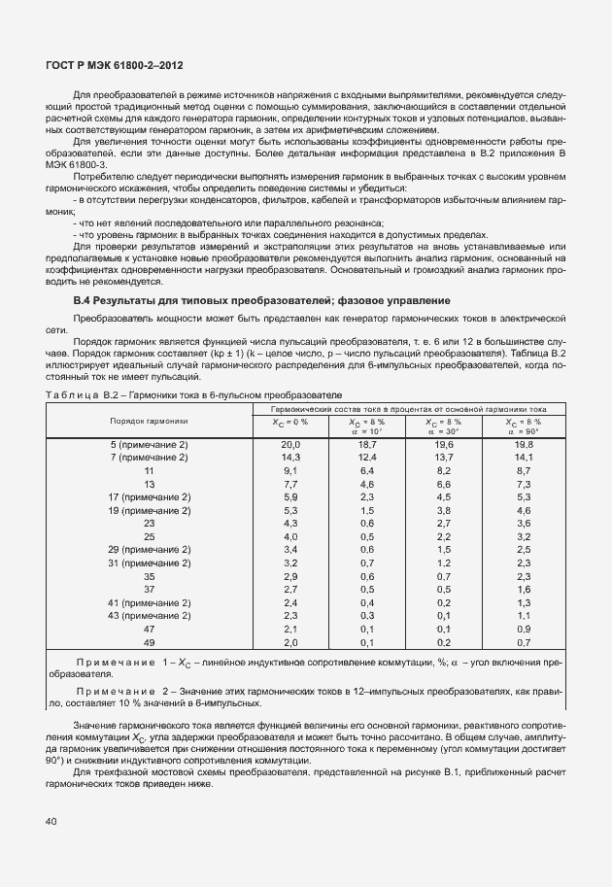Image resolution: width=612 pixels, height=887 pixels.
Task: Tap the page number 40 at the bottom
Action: click(51, 821)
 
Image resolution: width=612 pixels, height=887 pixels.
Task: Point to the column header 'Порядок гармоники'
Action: click(149, 422)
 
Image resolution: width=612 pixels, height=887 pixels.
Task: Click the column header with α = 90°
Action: click(523, 426)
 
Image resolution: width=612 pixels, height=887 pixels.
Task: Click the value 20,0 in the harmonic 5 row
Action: click(289, 443)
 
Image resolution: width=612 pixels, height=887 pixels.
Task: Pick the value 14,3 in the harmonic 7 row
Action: click(289, 457)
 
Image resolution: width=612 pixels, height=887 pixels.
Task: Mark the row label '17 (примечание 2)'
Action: click(149, 496)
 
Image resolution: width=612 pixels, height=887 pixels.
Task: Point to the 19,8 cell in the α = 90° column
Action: click(523, 443)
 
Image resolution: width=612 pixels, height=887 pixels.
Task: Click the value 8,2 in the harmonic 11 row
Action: click(444, 469)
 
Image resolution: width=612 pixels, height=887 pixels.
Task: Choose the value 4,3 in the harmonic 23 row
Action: click(289, 523)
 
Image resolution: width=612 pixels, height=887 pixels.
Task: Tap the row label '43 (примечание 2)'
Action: click(149, 615)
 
